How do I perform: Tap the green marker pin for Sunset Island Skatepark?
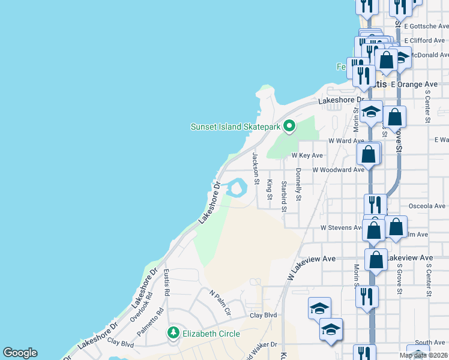point(290,126)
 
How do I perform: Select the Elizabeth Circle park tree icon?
point(173,332)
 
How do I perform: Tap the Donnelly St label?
point(298,184)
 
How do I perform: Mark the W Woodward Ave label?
point(339,170)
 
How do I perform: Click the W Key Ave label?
point(307,155)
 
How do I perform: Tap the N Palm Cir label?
point(220,303)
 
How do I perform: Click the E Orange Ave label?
point(414,85)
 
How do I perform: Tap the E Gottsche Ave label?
point(426,26)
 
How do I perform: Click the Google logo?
point(20,353)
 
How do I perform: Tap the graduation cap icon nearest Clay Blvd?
point(319,309)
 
